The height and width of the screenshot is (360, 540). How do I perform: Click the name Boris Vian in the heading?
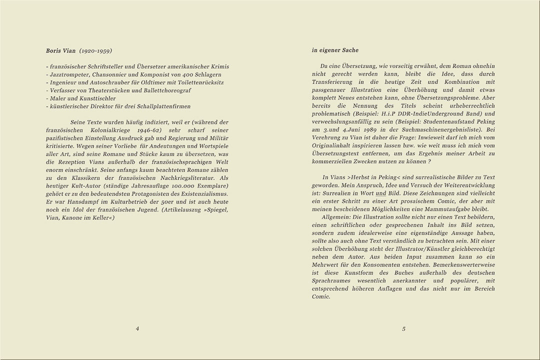[x=60, y=50]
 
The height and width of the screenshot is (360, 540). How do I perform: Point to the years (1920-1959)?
[x=95, y=50]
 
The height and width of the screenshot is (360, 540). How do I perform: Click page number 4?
[x=137, y=328]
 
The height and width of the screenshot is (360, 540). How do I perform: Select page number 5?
[x=403, y=328]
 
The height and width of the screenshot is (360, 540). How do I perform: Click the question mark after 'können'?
[x=429, y=161]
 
